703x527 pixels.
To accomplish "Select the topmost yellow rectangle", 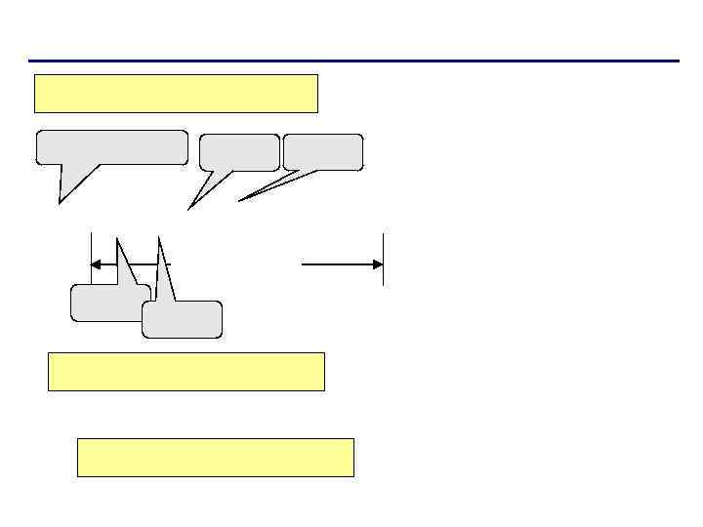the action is click(177, 94).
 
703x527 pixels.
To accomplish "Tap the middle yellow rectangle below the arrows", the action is click(186, 372).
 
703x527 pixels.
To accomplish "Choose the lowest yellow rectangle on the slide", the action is click(216, 458).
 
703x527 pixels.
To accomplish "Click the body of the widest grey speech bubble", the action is click(112, 147).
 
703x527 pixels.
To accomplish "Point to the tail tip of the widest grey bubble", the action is click(61, 202).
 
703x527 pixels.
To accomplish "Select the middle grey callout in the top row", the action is click(239, 152).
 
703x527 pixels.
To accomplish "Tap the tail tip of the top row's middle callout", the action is click(189, 208).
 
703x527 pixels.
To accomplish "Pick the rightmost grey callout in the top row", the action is click(323, 152).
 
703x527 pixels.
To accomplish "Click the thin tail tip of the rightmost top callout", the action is click(240, 200).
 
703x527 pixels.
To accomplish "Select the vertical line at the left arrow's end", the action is click(91, 259).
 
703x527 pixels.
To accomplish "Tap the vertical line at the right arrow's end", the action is click(384, 259).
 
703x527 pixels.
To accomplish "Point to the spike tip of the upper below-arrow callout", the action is click(117, 237).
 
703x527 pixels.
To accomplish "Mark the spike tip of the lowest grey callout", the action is click(158, 235).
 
